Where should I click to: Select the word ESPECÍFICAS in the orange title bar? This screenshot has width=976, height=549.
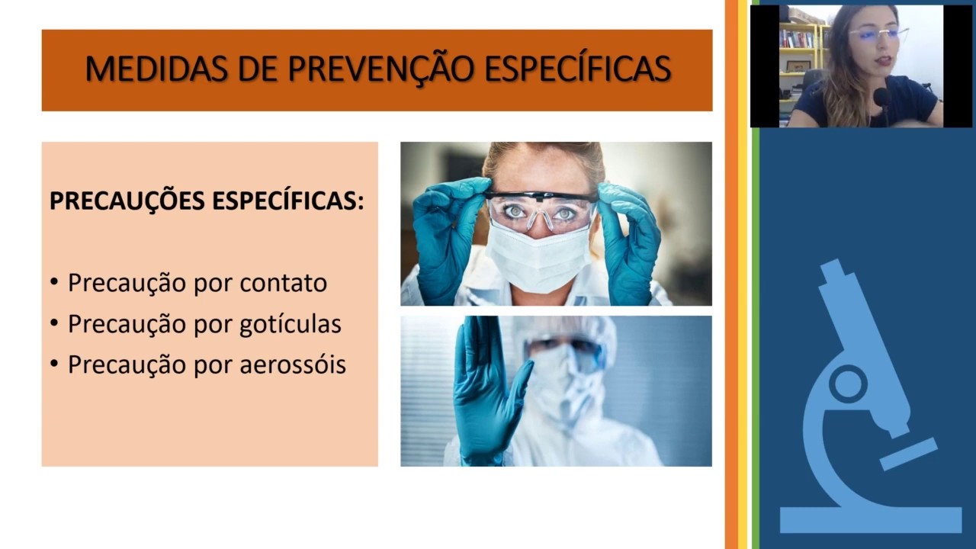pyautogui.click(x=577, y=69)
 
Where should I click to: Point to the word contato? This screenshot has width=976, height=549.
pyautogui.click(x=283, y=283)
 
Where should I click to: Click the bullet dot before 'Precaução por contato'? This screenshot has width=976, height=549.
pyautogui.click(x=54, y=283)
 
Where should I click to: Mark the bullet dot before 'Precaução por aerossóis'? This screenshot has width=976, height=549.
pyautogui.click(x=54, y=364)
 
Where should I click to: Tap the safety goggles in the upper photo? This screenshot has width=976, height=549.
pyautogui.click(x=541, y=210)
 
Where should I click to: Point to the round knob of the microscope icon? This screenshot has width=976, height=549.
pyautogui.click(x=847, y=383)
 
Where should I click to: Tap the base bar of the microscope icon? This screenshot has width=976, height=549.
pyautogui.click(x=870, y=520)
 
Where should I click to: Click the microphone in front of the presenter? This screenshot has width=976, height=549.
pyautogui.click(x=881, y=97)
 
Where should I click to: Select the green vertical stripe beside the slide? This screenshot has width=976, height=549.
pyautogui.click(x=756, y=305)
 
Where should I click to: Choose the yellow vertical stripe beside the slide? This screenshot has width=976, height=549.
pyautogui.click(x=743, y=305)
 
